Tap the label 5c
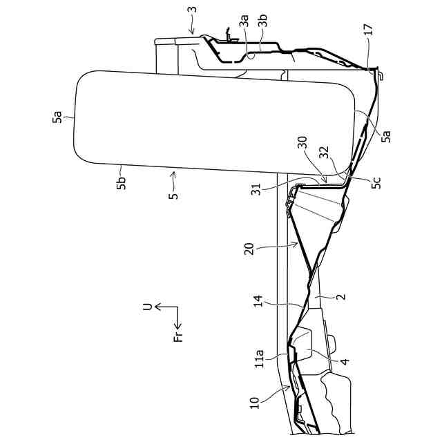pos(375,183)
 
